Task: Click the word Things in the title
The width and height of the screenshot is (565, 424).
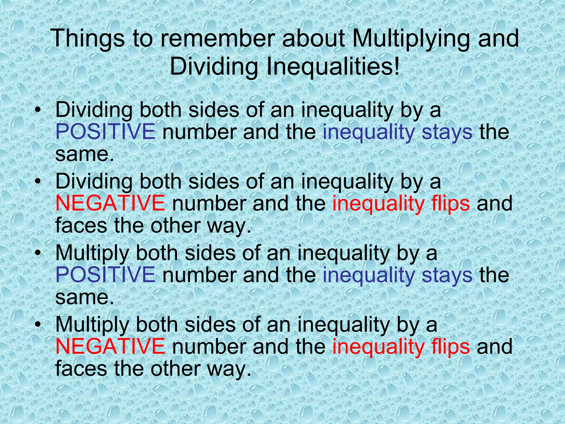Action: (x=88, y=39)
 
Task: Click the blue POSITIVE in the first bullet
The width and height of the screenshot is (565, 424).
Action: (x=105, y=132)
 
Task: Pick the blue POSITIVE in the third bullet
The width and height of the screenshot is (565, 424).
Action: (x=105, y=275)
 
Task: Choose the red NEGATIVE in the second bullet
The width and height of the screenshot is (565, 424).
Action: (x=110, y=203)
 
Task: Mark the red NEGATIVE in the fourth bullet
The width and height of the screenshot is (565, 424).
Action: (x=110, y=346)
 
